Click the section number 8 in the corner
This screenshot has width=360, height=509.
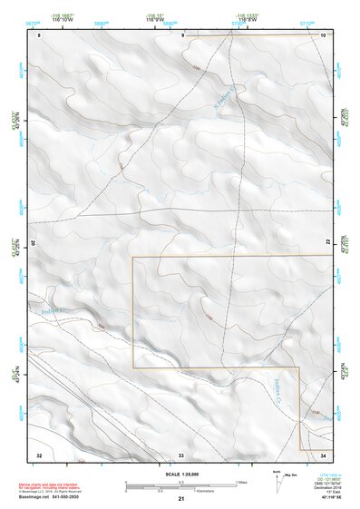[x=40, y=34]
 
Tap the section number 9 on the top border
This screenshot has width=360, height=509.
[x=182, y=34]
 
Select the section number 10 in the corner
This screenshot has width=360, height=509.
[x=324, y=34]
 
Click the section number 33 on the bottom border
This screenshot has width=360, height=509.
[x=181, y=453]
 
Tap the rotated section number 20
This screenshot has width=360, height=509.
[x=34, y=243]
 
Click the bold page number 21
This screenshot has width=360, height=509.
[x=181, y=499]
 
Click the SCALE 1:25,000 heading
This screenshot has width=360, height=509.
[x=180, y=474]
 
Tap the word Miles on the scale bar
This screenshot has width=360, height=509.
[x=242, y=481]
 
